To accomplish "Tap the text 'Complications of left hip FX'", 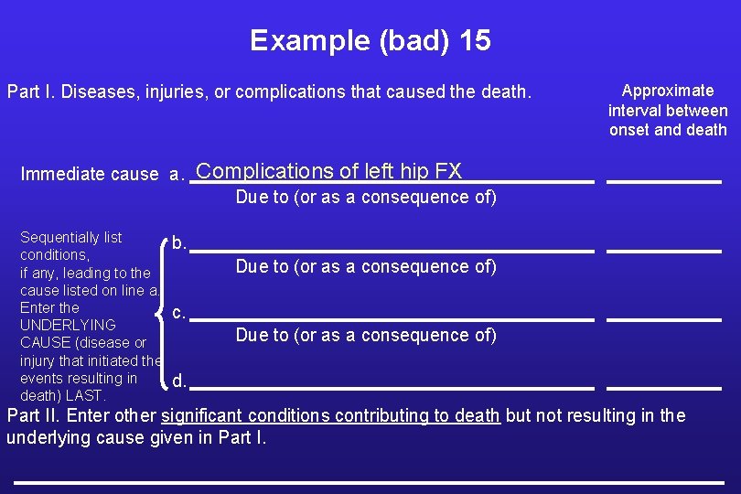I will pyautogui.click(x=329, y=171).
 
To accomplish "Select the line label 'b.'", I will pyautogui.click(x=180, y=243).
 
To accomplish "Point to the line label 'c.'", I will pyautogui.click(x=179, y=313).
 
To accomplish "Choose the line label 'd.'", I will pyautogui.click(x=179, y=381).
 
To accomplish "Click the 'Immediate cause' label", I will pyautogui.click(x=89, y=174).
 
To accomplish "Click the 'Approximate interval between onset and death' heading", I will pyautogui.click(x=668, y=110).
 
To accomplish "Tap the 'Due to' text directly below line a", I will pyautogui.click(x=366, y=197).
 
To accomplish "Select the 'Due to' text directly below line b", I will pyautogui.click(x=366, y=266).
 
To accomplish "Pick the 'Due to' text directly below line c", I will pyautogui.click(x=366, y=335).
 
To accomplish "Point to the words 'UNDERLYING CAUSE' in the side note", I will pyautogui.click(x=68, y=333).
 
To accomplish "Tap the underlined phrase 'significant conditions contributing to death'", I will pyautogui.click(x=330, y=415).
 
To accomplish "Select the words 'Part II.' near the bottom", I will pyautogui.click(x=34, y=415).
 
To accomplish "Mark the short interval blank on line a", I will pyautogui.click(x=664, y=182).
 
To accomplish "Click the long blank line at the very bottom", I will pyautogui.click(x=369, y=481).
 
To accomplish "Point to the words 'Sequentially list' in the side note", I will pyautogui.click(x=70, y=238).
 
